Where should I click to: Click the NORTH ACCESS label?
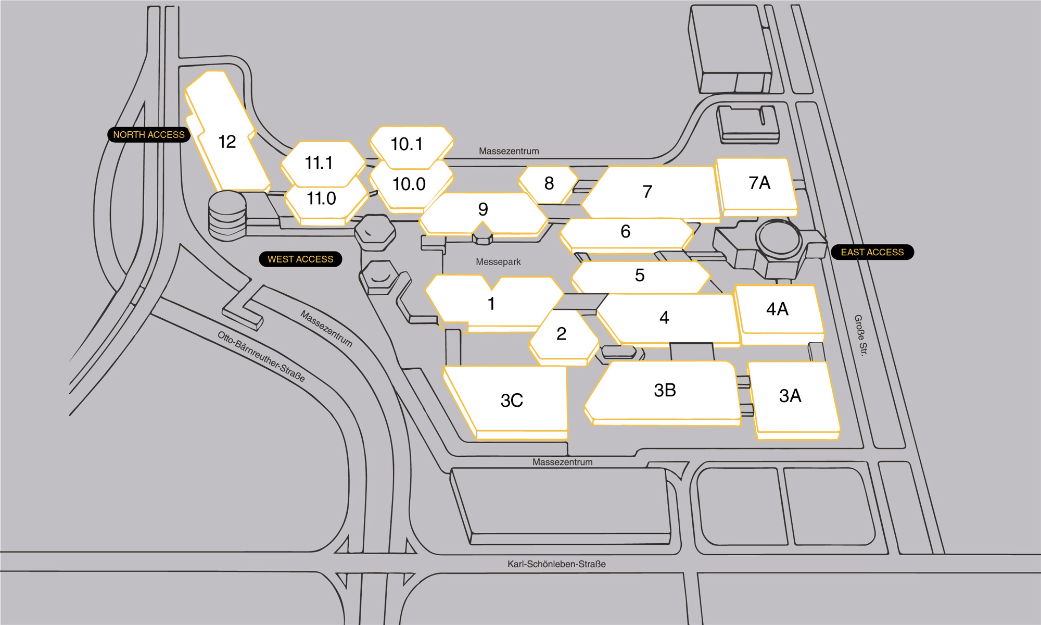point(149,134)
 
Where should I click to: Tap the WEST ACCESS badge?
point(300,259)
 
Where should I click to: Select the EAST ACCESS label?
point(872,252)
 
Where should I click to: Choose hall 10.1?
point(411,146)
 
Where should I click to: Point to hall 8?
point(549,184)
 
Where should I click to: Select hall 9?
point(483,214)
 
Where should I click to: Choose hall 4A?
point(779,314)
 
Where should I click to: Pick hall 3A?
point(793,400)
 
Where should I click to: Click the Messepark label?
point(498,262)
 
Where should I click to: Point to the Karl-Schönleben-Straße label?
point(556,564)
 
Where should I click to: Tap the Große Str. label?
point(861,335)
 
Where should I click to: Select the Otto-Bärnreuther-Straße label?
point(261,357)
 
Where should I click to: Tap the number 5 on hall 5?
point(640,275)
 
